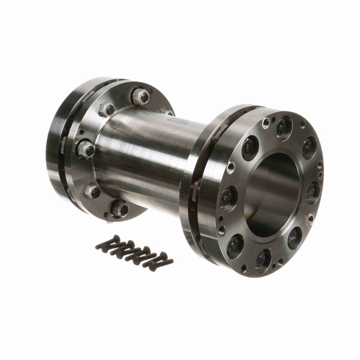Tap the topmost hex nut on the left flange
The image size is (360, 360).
140,96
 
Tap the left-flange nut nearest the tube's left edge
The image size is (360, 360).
86,148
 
